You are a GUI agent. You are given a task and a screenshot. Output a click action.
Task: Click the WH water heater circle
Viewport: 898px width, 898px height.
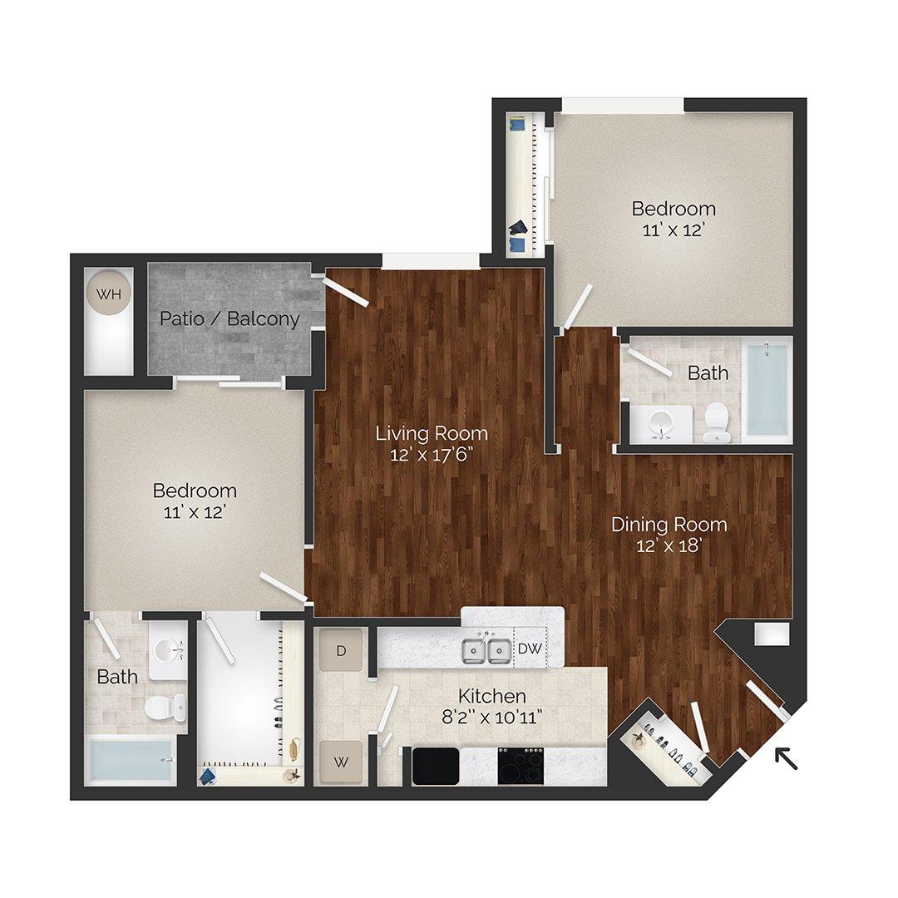point(108,294)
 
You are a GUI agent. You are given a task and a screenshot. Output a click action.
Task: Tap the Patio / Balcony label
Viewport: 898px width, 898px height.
point(229,318)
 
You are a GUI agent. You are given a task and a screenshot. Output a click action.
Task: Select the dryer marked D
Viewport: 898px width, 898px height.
point(341,649)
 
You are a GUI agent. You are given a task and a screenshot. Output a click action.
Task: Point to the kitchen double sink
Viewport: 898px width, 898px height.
point(487,649)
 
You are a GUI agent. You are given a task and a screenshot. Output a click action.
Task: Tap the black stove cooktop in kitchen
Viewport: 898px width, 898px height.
point(521,765)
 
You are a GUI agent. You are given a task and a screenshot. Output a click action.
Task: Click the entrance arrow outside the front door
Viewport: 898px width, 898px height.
point(786,757)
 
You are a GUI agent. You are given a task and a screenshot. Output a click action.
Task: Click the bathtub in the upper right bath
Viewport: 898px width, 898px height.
point(767,389)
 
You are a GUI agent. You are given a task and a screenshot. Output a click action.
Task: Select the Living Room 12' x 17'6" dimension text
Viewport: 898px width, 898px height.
point(432,455)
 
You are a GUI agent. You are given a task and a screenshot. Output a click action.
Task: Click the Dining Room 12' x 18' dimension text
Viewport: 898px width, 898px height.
point(669,546)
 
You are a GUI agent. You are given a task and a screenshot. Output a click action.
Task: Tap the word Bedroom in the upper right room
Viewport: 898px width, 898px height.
point(673,208)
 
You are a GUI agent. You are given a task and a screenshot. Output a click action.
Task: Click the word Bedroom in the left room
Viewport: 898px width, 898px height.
point(195,491)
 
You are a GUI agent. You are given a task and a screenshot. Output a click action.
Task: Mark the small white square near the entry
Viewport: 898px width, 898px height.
point(771,634)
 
